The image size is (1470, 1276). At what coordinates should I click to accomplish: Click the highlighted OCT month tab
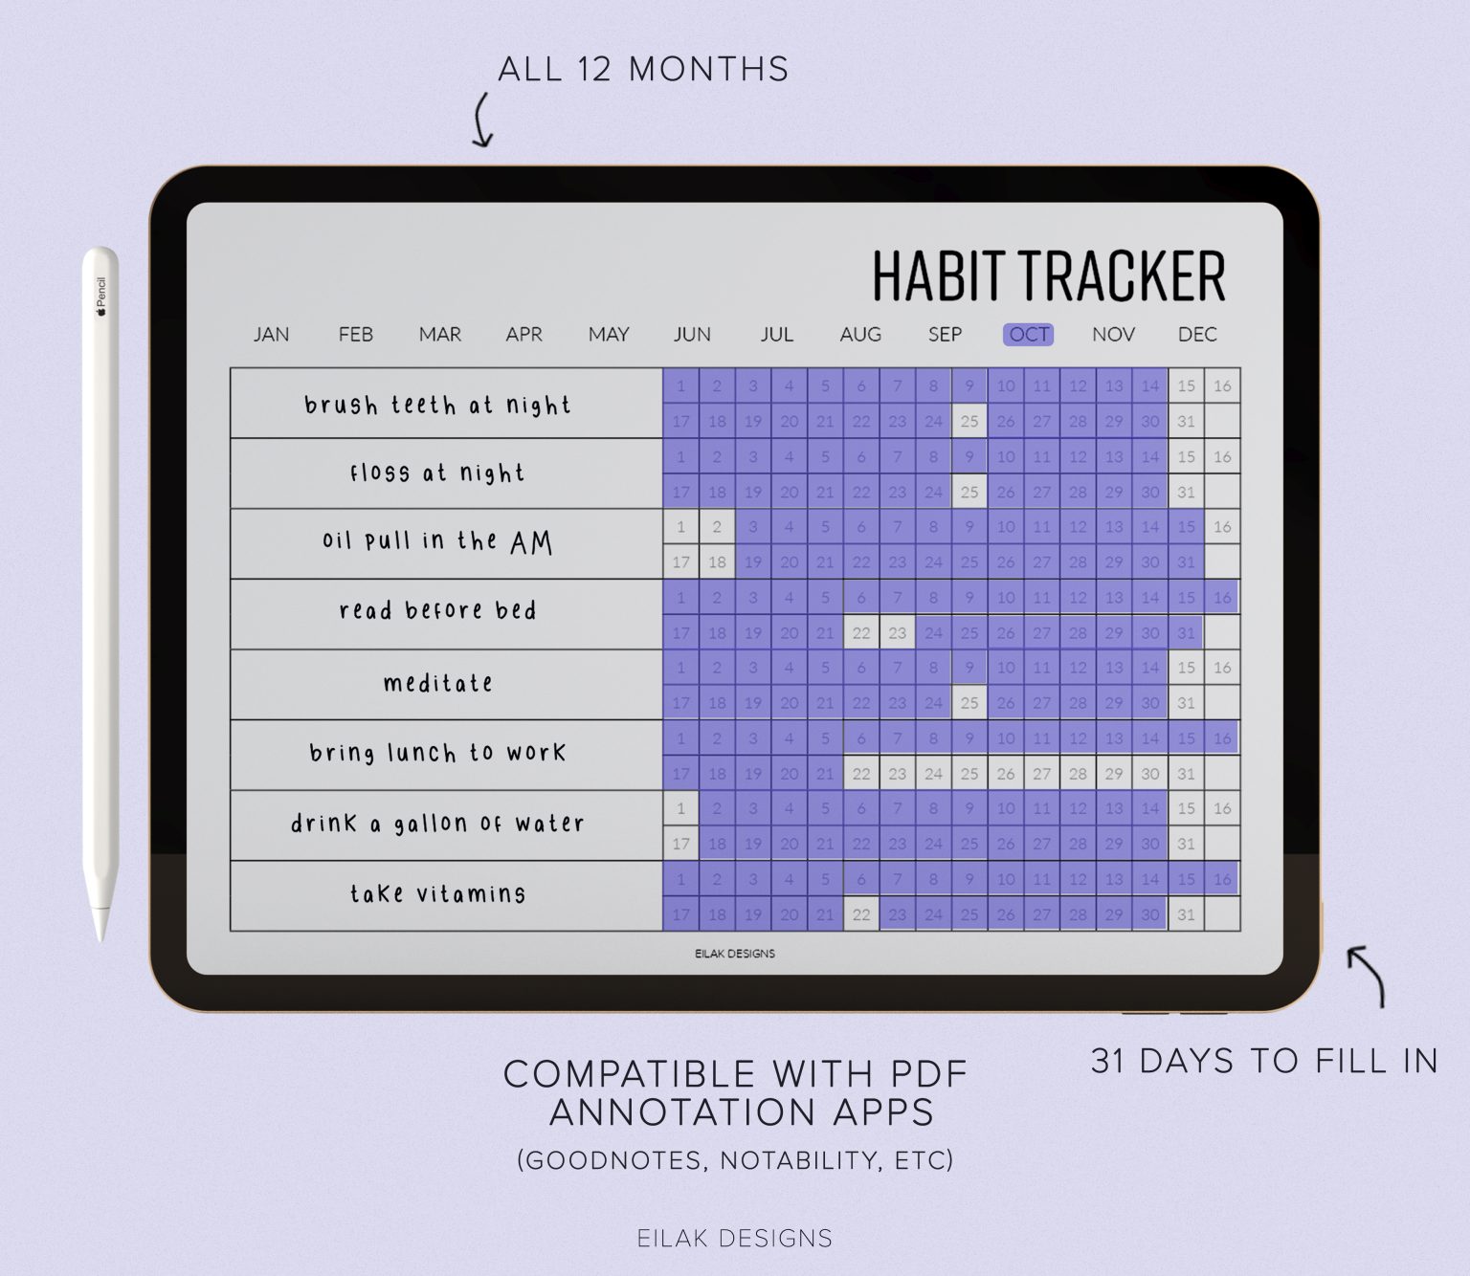tap(1029, 335)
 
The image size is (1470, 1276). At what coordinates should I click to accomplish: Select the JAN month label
tap(271, 335)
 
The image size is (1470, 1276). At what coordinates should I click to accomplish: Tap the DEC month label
tap(1197, 335)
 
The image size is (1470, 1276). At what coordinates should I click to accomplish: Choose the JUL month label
tap(776, 335)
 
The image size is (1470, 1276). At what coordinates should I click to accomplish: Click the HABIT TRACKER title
tap(1048, 275)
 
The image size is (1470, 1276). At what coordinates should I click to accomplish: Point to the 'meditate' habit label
tap(438, 684)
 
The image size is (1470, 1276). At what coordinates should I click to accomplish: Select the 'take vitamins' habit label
tap(438, 894)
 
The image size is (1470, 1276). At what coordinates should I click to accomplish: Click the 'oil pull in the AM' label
tap(438, 542)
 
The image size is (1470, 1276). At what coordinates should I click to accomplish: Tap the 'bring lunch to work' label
tap(438, 754)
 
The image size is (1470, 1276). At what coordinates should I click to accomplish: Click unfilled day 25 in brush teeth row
tap(969, 422)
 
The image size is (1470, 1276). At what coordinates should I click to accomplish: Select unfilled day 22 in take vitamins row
tap(861, 915)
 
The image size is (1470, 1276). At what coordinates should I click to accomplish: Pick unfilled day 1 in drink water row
tap(680, 808)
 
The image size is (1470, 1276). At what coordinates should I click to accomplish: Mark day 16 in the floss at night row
tap(1222, 457)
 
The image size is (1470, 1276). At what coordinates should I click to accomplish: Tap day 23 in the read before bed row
tap(897, 633)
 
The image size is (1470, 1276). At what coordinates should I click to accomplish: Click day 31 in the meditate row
tap(1186, 703)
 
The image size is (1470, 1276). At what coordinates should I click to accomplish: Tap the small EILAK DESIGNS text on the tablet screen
tap(735, 954)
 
